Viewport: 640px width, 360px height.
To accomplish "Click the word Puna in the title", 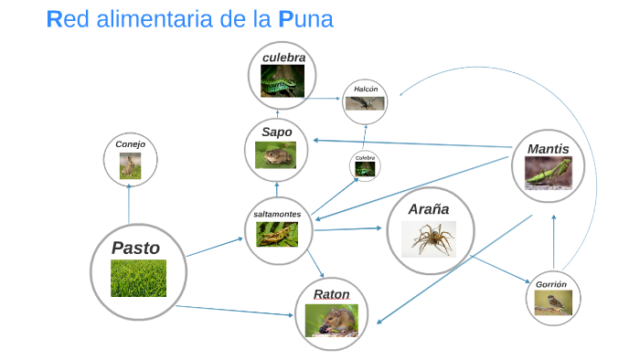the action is pos(305,19).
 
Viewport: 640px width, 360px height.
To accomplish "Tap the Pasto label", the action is pos(135,248).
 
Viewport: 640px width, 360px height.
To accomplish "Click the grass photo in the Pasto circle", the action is pos(138,278).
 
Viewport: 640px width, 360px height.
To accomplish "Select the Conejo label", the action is pos(130,144).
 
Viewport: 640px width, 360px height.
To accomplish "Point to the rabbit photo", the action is pos(130,166).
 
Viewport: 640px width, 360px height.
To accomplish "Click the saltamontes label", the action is pos(277,214).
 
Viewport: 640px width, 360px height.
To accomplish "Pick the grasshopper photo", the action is pos(277,235).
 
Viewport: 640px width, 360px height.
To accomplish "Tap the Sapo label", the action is pos(277,132).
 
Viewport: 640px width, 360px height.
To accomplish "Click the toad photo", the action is pos(275,155).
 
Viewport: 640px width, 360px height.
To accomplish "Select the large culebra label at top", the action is pos(283,58).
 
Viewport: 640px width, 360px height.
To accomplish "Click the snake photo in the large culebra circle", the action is pos(283,80).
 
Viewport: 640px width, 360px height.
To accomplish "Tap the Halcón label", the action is pos(366,89).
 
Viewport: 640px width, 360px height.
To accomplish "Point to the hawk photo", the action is pos(365,103).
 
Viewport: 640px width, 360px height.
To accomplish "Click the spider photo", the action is pos(429,239).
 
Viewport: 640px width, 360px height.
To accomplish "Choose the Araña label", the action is pos(429,209).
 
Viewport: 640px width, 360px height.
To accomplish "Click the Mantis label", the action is pos(548,149).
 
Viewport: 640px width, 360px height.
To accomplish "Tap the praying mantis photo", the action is pos(549,174).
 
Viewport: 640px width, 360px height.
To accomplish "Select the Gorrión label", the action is pos(551,284).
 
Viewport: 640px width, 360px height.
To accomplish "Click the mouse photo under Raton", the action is pos(331,321).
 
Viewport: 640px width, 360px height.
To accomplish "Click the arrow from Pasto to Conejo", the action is pos(129,204).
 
